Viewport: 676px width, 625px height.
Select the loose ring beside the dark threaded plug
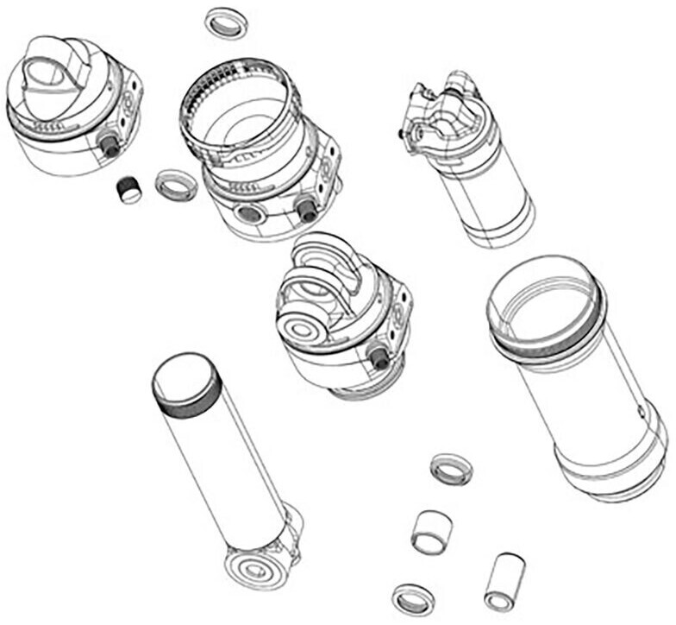[176, 184]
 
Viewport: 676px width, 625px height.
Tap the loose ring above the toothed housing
[227, 23]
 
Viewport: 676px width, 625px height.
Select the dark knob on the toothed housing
[306, 207]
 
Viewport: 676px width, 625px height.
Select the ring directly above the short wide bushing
[451, 469]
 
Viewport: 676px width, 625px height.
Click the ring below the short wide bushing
[412, 598]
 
